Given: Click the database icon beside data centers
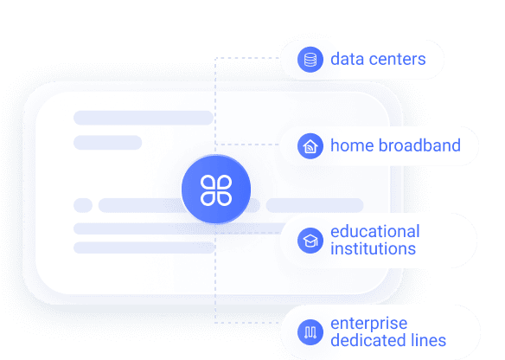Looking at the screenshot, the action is [x=310, y=60].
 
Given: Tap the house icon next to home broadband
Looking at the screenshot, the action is [x=310, y=146].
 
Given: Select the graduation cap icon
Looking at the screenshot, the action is [x=310, y=241].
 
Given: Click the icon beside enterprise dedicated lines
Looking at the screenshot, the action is [x=310, y=332].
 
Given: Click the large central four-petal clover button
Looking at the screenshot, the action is [x=216, y=190].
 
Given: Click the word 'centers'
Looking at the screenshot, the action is [x=398, y=60].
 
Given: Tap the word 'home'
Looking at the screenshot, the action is [x=352, y=145].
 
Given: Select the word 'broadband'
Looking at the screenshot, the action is [x=419, y=145].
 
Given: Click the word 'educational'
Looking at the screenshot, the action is [x=375, y=231].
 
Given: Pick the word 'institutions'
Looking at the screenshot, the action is [x=374, y=249].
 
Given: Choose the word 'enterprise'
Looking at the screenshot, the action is [x=369, y=324].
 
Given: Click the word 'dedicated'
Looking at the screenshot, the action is [x=365, y=340].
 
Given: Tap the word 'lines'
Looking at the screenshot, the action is [x=425, y=340].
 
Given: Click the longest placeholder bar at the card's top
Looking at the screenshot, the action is [x=144, y=118].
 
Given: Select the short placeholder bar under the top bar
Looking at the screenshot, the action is [x=107, y=143].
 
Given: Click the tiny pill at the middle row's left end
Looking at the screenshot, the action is [x=83, y=205].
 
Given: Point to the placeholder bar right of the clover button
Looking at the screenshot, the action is [x=315, y=205].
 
